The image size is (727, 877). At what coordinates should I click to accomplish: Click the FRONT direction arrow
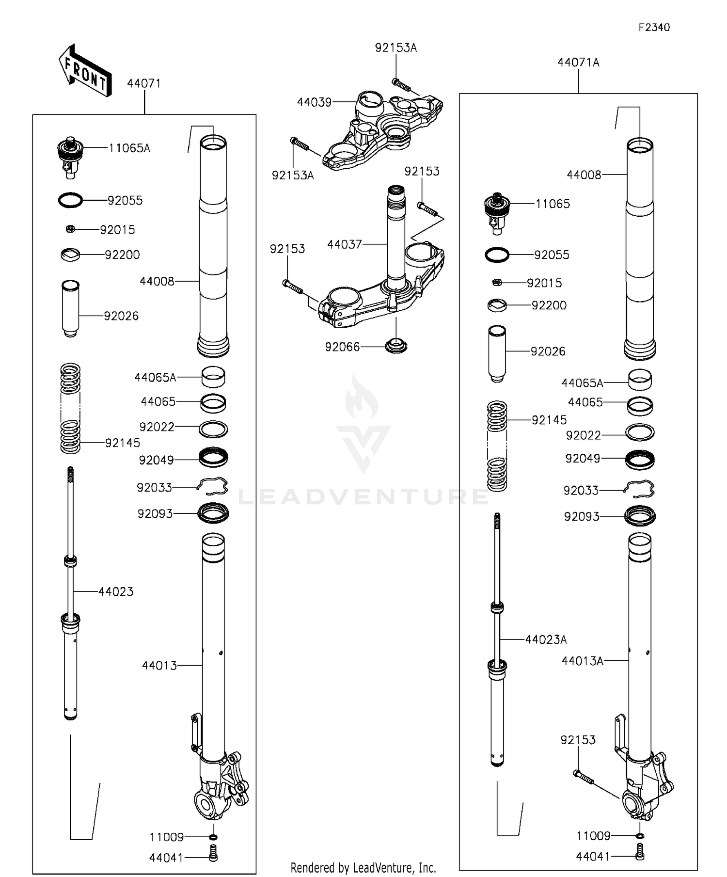[x=85, y=71]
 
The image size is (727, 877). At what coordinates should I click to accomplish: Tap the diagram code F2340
[x=654, y=28]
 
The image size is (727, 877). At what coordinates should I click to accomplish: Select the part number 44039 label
[x=314, y=102]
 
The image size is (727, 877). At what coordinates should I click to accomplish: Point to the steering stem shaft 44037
[x=396, y=233]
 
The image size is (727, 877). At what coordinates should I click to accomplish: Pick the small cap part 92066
[x=396, y=346]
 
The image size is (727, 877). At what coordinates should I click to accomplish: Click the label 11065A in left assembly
[x=129, y=148]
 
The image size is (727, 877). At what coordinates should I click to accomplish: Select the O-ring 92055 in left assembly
[x=70, y=200]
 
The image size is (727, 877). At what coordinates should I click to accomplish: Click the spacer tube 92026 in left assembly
[x=70, y=308]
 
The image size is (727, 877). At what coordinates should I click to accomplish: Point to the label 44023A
[x=546, y=639]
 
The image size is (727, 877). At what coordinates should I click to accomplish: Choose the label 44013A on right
[x=583, y=661]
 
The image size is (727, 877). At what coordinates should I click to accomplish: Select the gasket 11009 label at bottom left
[x=167, y=837]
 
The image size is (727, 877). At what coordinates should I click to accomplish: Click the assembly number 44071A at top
[x=578, y=63]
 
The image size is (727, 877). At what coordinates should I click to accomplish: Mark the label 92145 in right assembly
[x=549, y=420]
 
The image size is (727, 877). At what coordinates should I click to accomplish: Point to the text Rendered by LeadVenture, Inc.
[x=363, y=867]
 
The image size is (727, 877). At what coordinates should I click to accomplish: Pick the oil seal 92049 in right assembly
[x=640, y=459]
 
